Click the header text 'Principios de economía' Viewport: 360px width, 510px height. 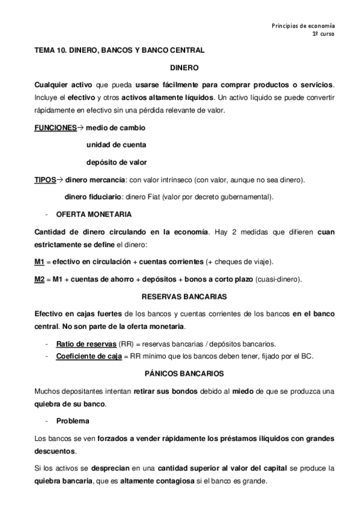[303, 26]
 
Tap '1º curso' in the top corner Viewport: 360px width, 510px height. [323, 35]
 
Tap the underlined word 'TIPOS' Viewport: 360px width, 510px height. [43, 179]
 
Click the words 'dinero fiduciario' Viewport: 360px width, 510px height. [90, 196]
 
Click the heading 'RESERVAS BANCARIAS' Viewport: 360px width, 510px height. [180, 296]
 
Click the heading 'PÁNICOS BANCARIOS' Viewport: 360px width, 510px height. [180, 373]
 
